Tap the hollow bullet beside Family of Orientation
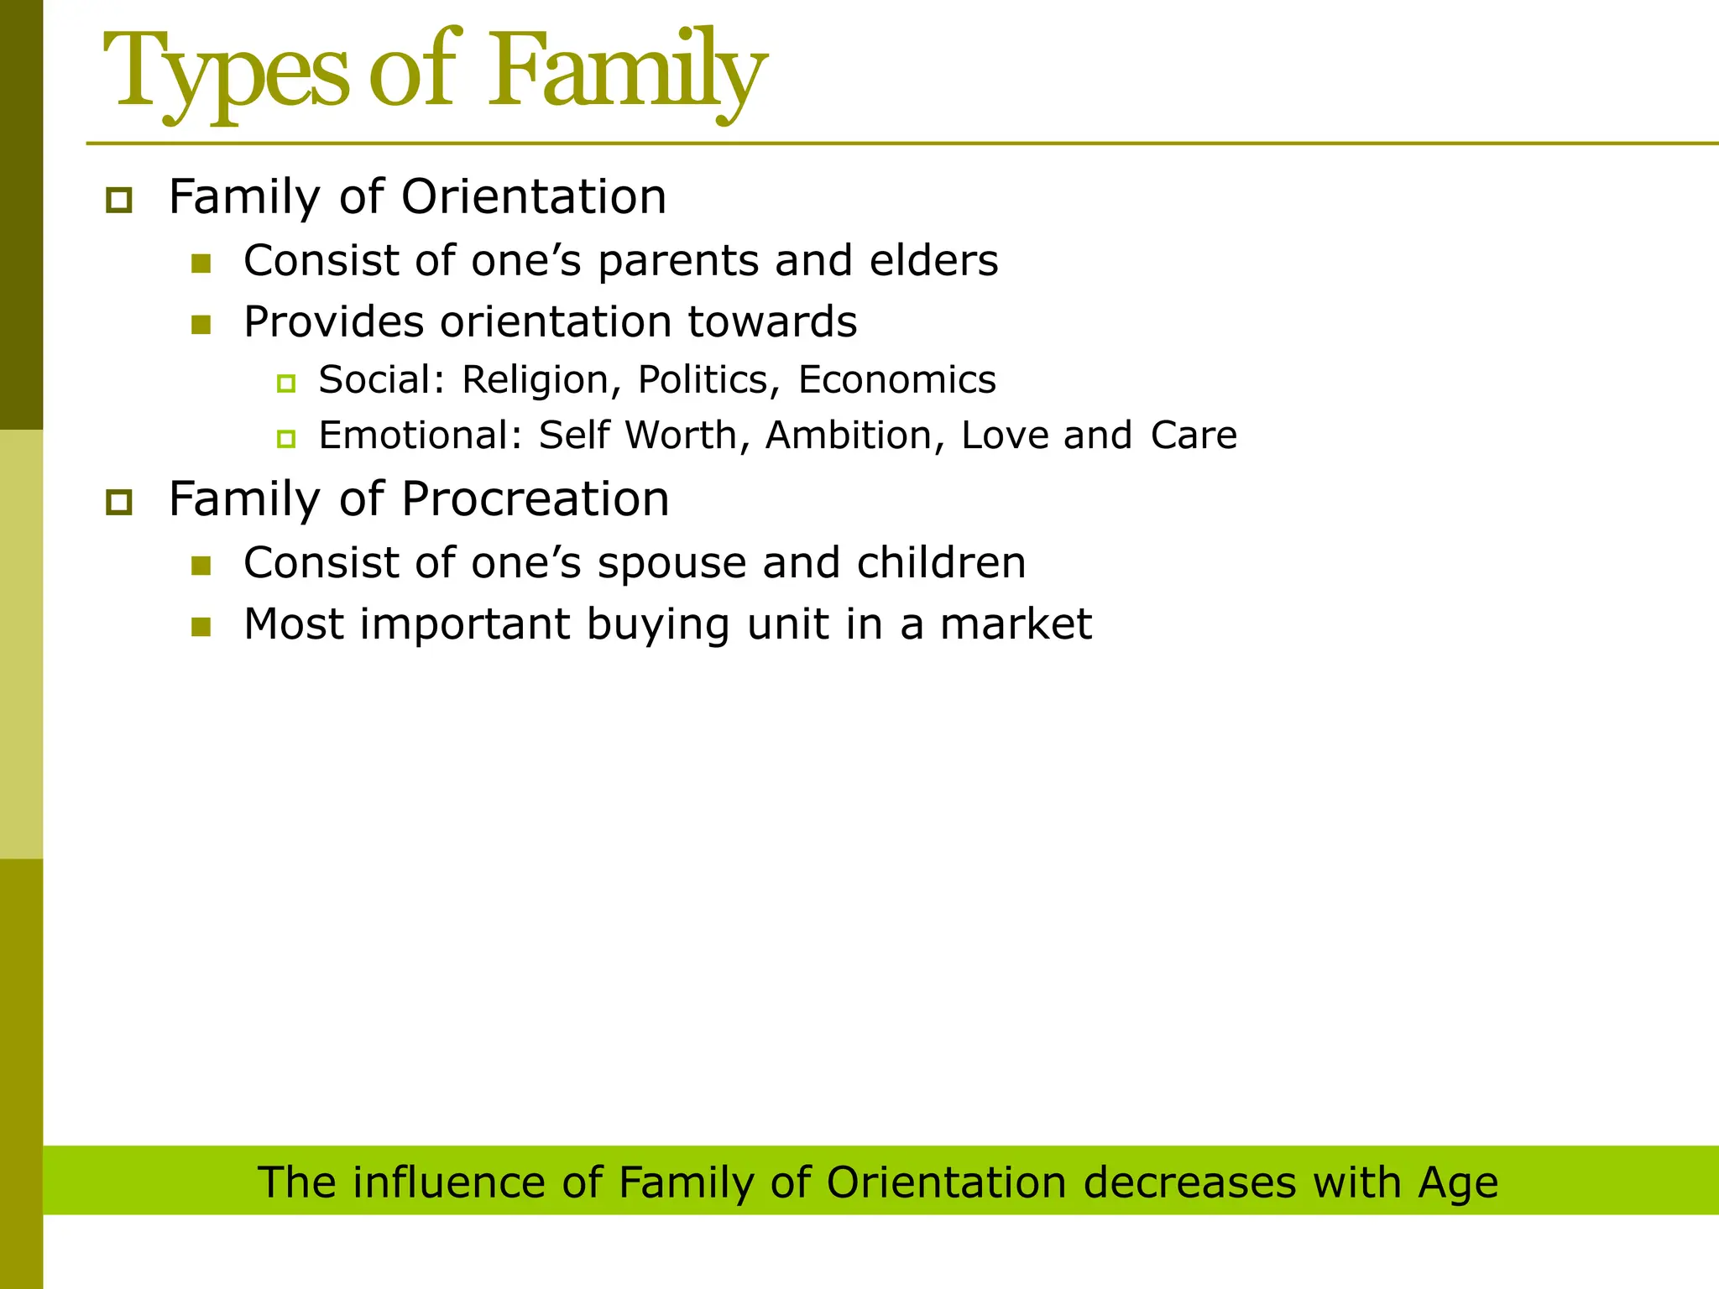click(x=119, y=201)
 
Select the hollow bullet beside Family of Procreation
click(x=119, y=502)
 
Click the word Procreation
click(x=535, y=499)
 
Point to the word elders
click(x=933, y=260)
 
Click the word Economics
click(x=896, y=379)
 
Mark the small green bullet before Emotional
click(x=286, y=439)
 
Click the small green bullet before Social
click(x=286, y=384)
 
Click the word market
click(x=1015, y=624)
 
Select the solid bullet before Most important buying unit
click(x=201, y=627)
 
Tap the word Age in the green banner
click(x=1458, y=1184)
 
